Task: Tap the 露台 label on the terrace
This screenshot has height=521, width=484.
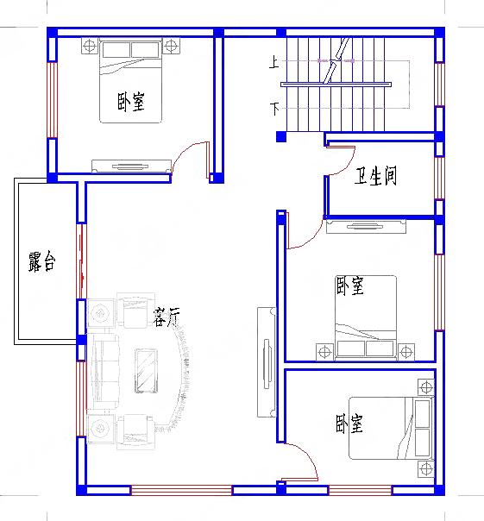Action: coord(41,262)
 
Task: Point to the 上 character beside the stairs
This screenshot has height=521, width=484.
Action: coord(274,62)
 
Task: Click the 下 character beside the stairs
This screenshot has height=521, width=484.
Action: coord(274,109)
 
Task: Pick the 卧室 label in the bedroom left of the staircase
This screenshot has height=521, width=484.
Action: coord(130,104)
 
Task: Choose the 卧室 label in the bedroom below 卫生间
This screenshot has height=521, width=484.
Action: coord(349,286)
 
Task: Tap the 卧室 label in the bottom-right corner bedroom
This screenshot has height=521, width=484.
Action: coord(349,424)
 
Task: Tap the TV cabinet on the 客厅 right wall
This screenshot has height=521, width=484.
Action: coord(266,362)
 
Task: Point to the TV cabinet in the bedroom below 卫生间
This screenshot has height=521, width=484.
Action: coord(367,227)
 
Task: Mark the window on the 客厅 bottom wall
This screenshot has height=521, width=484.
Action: coord(181,490)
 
